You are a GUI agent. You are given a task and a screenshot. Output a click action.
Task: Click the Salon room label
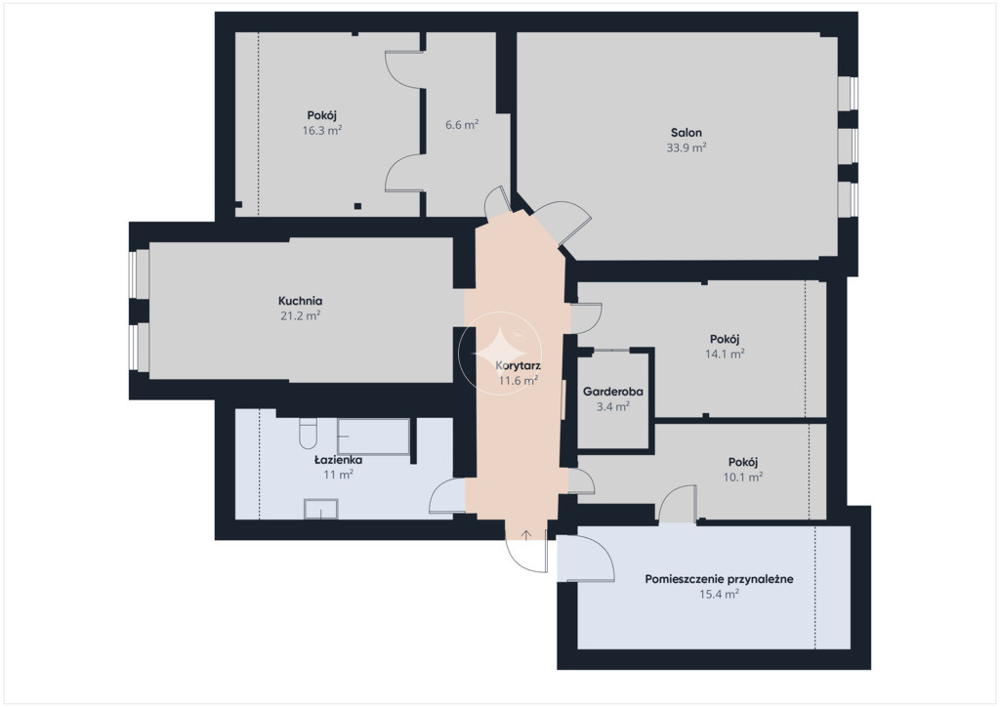point(687,133)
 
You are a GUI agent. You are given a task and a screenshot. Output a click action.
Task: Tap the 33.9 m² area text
point(687,147)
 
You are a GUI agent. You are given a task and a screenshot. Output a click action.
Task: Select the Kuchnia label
point(301,301)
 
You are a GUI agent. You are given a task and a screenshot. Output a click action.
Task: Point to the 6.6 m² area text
point(462,125)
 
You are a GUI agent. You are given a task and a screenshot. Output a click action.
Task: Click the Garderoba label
point(613,392)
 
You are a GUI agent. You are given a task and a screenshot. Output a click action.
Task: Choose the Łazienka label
point(338,460)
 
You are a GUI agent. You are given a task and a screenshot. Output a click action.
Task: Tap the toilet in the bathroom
point(308,434)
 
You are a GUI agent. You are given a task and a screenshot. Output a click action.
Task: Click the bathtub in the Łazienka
point(373,437)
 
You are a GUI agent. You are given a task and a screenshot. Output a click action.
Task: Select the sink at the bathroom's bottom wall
point(320,509)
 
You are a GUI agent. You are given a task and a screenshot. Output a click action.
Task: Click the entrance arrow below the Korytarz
point(525,536)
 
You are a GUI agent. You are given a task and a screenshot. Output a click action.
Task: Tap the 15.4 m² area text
point(719,594)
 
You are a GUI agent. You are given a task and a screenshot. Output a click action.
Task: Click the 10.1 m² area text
point(743,477)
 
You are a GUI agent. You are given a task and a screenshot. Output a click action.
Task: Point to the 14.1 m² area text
point(725,353)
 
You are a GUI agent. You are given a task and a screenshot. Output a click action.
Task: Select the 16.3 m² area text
point(322,131)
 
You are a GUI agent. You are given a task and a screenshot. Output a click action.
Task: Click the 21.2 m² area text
point(301,315)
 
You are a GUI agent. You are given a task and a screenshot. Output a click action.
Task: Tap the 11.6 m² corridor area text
point(518,381)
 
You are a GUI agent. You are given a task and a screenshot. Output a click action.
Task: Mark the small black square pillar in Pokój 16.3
point(357,206)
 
